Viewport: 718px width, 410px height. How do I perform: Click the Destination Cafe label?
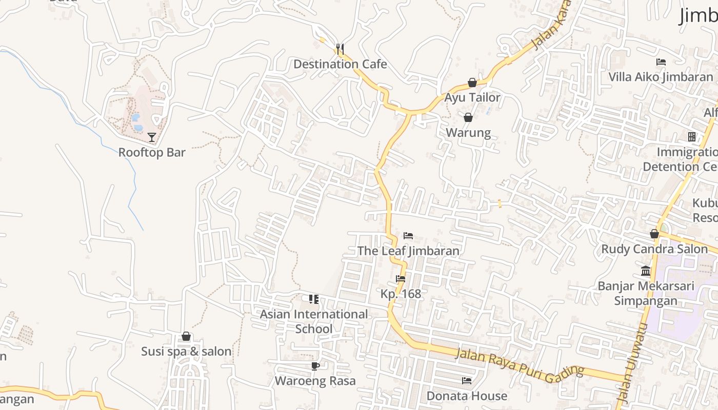340,64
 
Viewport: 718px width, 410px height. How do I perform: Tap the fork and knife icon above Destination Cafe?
340,49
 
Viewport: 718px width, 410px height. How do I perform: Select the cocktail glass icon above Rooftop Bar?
152,137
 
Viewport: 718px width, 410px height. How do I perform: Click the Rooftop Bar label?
152,152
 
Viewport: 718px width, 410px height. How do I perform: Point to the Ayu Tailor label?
472,97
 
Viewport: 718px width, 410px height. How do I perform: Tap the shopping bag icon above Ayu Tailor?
472,83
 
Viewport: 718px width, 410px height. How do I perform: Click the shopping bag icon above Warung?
468,118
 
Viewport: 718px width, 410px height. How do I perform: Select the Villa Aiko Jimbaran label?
661,77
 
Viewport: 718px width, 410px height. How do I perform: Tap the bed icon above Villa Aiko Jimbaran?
661,62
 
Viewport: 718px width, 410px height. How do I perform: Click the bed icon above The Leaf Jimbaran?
408,236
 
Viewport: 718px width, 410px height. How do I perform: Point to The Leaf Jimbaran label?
408,251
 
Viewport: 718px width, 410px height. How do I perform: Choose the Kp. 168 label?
401,294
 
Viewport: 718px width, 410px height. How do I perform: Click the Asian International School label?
314,321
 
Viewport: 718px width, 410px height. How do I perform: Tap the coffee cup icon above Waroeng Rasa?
315,366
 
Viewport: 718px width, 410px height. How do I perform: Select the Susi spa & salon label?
186,352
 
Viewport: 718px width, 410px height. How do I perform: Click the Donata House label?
467,396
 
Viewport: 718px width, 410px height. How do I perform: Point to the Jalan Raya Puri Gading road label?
520,365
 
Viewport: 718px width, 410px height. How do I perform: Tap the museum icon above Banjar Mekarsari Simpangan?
646,271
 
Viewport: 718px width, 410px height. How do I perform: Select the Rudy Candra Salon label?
654,250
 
